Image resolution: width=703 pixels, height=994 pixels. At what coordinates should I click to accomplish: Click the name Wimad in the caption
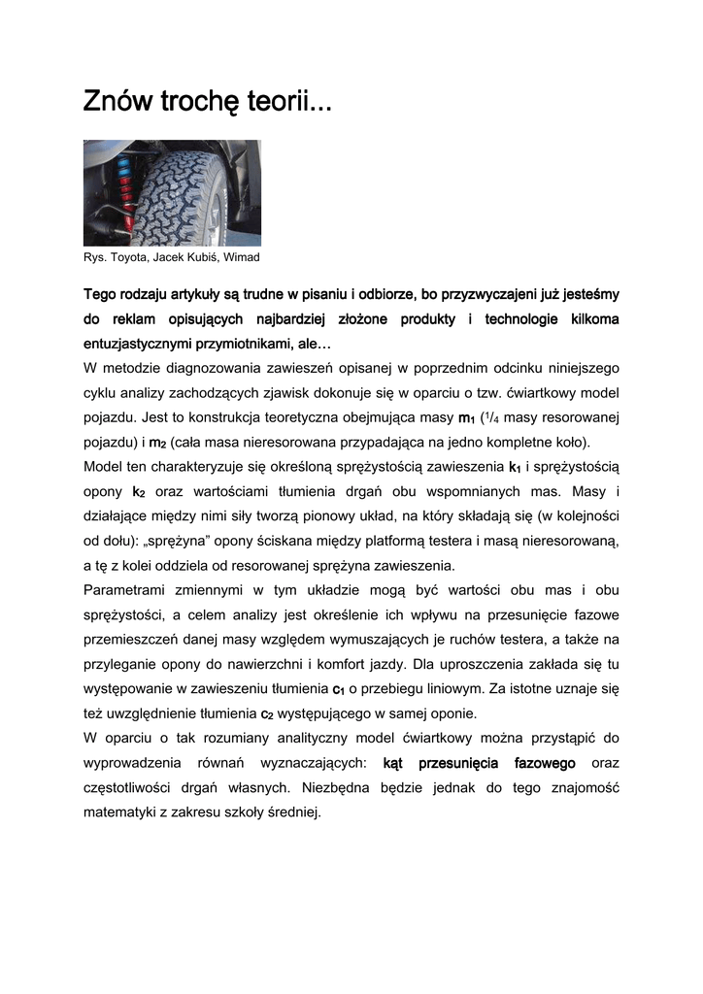[x=243, y=257]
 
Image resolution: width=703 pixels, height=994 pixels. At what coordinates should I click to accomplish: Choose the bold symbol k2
[x=139, y=493]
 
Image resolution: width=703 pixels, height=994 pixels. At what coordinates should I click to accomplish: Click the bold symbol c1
[x=339, y=690]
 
